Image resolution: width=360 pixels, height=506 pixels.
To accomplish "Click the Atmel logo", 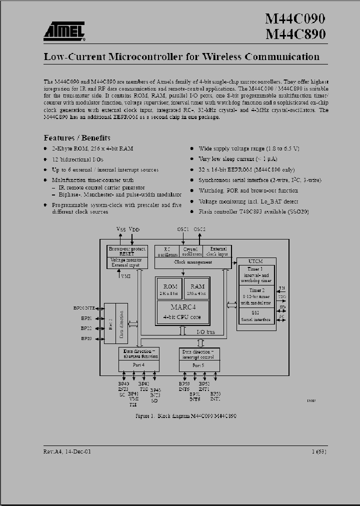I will coord(63,31).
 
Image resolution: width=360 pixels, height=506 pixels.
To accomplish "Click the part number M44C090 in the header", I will coord(295,19).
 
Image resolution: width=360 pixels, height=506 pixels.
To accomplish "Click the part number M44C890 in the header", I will coord(295,34).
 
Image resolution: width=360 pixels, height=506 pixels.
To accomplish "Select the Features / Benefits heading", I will coord(77,137).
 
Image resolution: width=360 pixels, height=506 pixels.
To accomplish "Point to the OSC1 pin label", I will coord(183,229).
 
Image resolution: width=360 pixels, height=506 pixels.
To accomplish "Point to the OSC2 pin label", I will coord(199,229).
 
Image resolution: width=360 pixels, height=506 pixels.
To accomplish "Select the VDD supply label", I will coord(134,229).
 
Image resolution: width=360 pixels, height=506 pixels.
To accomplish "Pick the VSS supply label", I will coord(121,229).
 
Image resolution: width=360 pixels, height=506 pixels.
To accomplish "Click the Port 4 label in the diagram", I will coord(138,365).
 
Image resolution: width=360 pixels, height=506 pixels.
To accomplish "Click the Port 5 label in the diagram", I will coord(199,365).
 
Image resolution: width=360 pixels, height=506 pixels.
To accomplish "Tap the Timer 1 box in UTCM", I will coord(256,274).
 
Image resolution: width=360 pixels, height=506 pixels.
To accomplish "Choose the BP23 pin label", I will coord(86,338).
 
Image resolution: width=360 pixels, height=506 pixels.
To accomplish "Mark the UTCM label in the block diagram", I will coord(255,260).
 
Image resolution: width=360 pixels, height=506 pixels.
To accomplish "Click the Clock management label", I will coord(192,262).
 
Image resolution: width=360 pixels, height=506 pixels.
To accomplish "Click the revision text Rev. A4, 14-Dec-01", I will coord(67,451).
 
